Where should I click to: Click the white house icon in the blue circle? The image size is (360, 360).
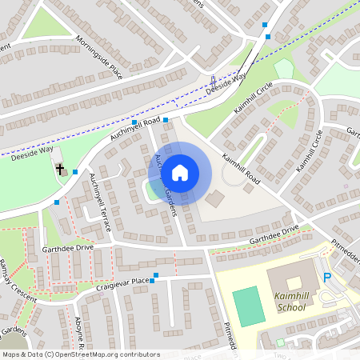click(x=180, y=172)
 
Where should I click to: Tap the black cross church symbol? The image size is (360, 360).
click(x=61, y=170)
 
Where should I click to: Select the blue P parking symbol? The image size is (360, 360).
click(x=326, y=278)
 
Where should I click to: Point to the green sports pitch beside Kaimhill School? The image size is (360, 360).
click(x=248, y=305)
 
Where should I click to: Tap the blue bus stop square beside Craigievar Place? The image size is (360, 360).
click(x=155, y=277)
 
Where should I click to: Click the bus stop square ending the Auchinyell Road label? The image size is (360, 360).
click(x=166, y=120)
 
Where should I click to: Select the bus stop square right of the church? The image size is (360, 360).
click(x=75, y=171)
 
